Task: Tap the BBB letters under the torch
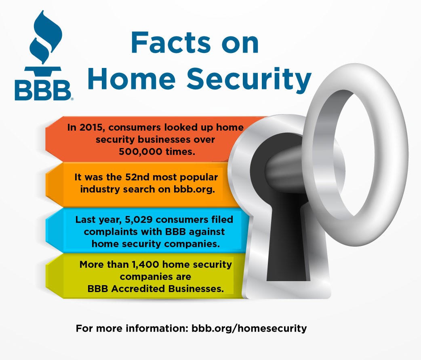(43, 90)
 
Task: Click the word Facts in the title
(171, 42)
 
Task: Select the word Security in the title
(249, 79)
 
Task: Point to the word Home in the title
(132, 78)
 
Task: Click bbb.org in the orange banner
(194, 189)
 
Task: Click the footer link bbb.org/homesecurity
(249, 328)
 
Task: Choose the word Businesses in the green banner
(196, 289)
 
